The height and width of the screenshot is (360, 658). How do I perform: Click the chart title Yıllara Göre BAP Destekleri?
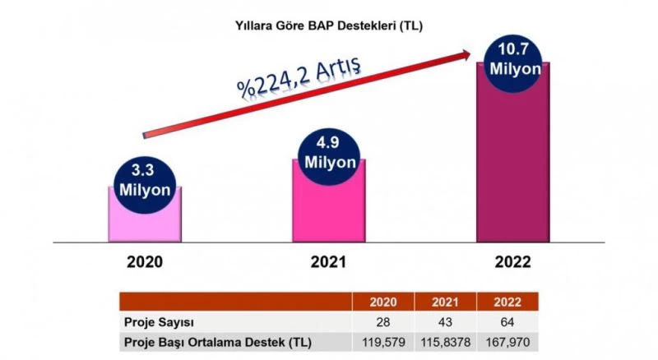[x=329, y=25]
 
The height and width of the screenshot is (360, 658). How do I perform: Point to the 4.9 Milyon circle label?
[x=329, y=152]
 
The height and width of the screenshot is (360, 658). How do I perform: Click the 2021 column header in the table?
[x=445, y=301]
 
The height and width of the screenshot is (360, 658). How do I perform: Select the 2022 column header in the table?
[x=507, y=301]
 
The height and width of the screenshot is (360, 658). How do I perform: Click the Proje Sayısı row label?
[x=159, y=321]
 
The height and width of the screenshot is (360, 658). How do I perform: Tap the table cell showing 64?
[x=507, y=321]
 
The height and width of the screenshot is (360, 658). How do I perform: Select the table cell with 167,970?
[x=507, y=340]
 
